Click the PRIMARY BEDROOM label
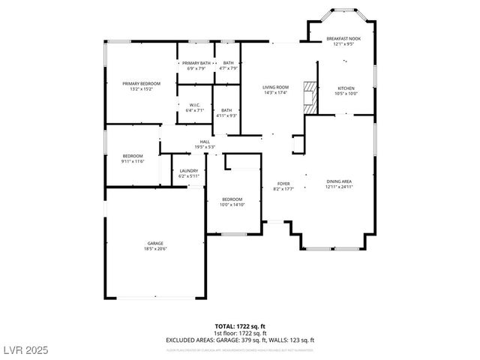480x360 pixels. (x=142, y=83)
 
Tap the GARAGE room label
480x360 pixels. (x=155, y=242)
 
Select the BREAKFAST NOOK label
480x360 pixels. (x=343, y=38)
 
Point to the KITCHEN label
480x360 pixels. (x=346, y=88)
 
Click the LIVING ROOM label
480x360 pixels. (x=275, y=87)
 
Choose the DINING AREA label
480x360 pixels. (x=339, y=181)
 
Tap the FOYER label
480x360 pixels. (x=283, y=183)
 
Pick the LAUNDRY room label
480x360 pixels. (x=188, y=170)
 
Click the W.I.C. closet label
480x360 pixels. (x=194, y=105)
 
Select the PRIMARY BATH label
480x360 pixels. (x=195, y=63)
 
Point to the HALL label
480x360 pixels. (x=205, y=140)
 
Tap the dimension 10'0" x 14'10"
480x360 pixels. (x=232, y=204)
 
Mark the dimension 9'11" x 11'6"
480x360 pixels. (x=133, y=161)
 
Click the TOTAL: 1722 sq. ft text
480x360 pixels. (x=239, y=327)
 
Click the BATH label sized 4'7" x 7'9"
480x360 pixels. (x=228, y=63)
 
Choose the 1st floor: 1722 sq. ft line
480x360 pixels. (x=239, y=333)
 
